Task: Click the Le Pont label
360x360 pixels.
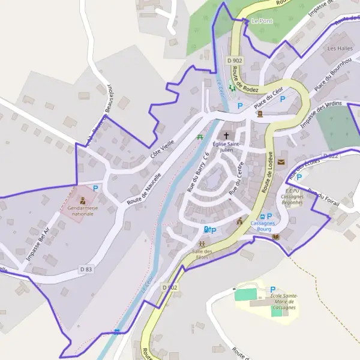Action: coord(262,21)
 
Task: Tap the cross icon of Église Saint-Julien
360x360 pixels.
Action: coord(226,135)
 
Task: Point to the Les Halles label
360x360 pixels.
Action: coord(340,47)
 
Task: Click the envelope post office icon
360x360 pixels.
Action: coord(281,162)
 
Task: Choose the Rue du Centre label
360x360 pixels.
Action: coord(238,173)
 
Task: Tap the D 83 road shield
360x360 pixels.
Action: coord(86,270)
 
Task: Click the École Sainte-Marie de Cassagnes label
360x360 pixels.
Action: coord(284,302)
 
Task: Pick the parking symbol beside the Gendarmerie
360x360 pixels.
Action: coord(95,188)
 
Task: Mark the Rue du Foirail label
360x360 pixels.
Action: coord(324,199)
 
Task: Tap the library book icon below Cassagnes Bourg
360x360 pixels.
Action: coord(275,237)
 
